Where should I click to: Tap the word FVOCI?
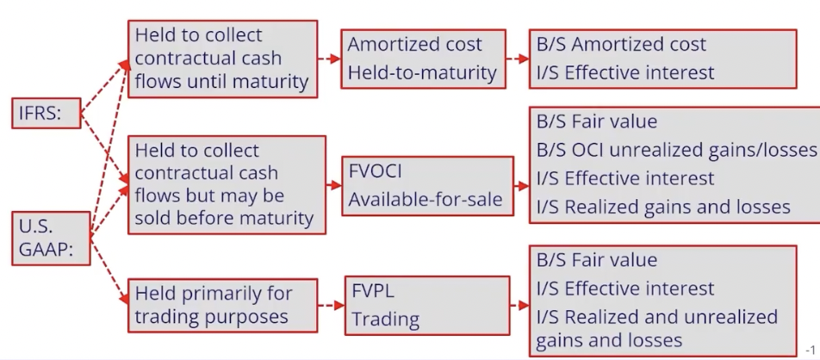point(376,168)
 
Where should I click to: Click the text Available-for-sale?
point(425,200)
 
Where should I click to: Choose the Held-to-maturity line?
point(422,73)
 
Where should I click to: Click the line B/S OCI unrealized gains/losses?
point(675,150)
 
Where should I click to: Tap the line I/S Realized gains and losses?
point(662,207)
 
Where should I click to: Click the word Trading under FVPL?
point(385,319)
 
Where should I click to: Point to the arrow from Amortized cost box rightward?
point(515,59)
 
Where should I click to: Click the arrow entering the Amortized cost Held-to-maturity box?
point(327,59)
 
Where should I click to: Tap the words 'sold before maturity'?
point(223,218)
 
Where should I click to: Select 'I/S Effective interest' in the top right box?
point(624,72)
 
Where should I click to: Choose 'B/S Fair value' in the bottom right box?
point(596,259)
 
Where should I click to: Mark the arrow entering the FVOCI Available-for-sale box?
point(332,185)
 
